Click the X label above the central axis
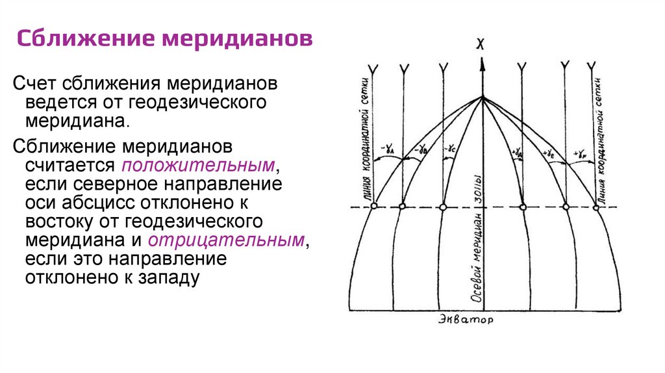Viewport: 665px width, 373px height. click(481, 44)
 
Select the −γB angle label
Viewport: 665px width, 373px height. click(421, 151)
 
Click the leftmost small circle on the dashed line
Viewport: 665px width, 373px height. click(373, 207)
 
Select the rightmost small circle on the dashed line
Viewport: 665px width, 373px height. click(596, 207)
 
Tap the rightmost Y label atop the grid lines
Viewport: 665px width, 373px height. click(592, 66)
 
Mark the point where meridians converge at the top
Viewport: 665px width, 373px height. click(482, 98)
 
